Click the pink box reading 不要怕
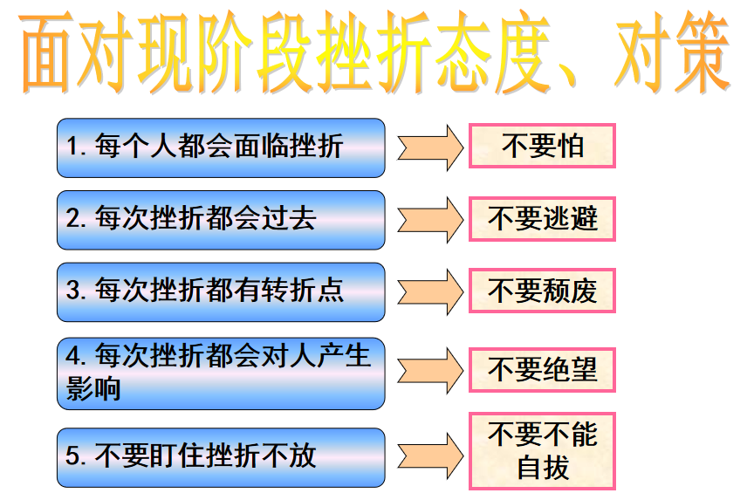click(542, 146)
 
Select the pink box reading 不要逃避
click(542, 218)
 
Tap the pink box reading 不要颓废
click(542, 291)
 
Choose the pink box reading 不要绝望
click(542, 370)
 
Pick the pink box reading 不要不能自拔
click(542, 451)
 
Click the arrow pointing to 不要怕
click(430, 147)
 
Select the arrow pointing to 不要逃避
click(430, 220)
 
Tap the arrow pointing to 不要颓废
click(430, 291)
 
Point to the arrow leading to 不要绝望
click(430, 371)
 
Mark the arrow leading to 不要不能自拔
click(430, 455)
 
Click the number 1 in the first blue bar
click(72, 146)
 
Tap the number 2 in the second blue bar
click(74, 218)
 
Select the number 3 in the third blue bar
click(74, 290)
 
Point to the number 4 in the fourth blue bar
click(74, 356)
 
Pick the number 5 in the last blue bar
click(74, 455)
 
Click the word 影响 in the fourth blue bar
click(93, 389)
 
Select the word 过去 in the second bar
click(289, 218)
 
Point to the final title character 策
click(702, 53)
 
